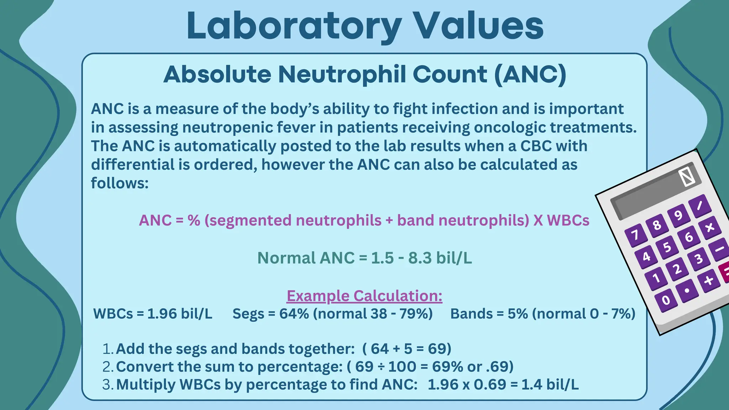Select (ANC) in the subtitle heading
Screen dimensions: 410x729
[530, 74]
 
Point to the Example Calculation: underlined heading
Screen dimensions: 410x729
[364, 296]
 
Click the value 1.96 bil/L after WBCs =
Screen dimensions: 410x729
[179, 314]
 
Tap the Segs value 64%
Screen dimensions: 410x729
[294, 314]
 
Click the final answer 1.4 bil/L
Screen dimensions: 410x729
[550, 384]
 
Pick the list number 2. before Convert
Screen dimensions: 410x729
[107, 367]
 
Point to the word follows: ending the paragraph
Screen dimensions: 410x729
[120, 183]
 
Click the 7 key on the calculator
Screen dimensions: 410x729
[635, 235]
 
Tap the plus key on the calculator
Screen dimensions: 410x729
[708, 280]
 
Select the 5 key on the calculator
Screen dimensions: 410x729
[667, 247]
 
